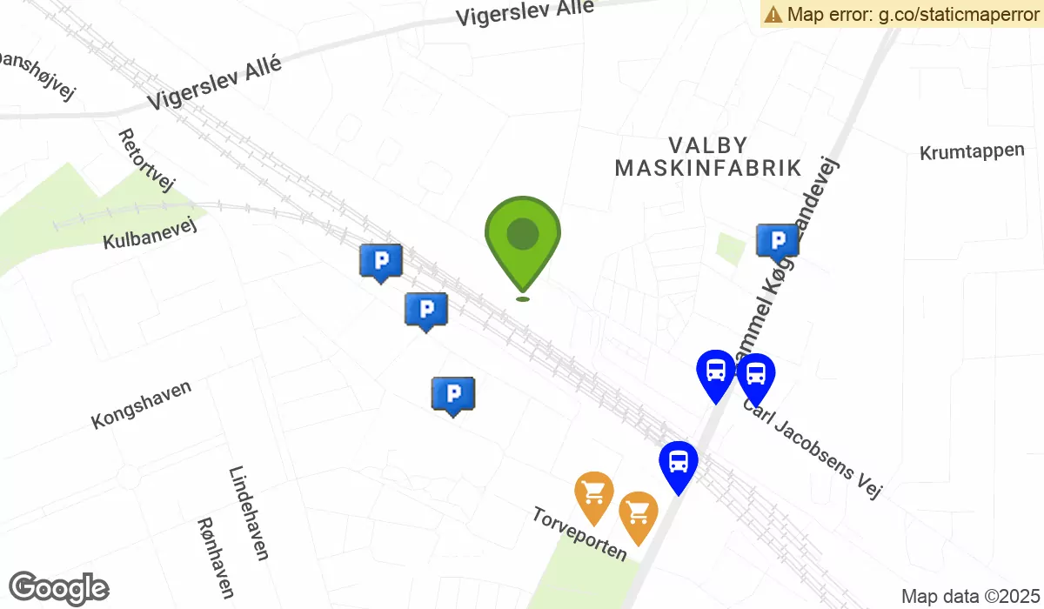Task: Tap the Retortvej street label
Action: [x=146, y=160]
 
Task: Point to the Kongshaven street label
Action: [x=141, y=405]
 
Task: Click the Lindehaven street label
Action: [x=249, y=513]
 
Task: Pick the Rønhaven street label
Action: [x=216, y=558]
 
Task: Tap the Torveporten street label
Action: [x=579, y=534]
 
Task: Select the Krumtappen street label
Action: [x=972, y=151]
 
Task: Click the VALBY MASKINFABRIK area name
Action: [x=707, y=157]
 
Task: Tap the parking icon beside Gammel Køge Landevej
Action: [x=777, y=241]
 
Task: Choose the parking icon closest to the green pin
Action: [x=426, y=310]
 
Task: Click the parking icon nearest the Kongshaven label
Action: [x=452, y=394]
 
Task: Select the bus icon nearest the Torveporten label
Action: [x=678, y=465]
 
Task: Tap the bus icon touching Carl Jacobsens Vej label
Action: [x=755, y=377]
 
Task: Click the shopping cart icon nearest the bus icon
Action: [x=638, y=515]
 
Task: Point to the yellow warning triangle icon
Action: [x=773, y=14]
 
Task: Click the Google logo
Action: [x=59, y=588]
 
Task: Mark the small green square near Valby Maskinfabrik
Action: [x=730, y=249]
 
